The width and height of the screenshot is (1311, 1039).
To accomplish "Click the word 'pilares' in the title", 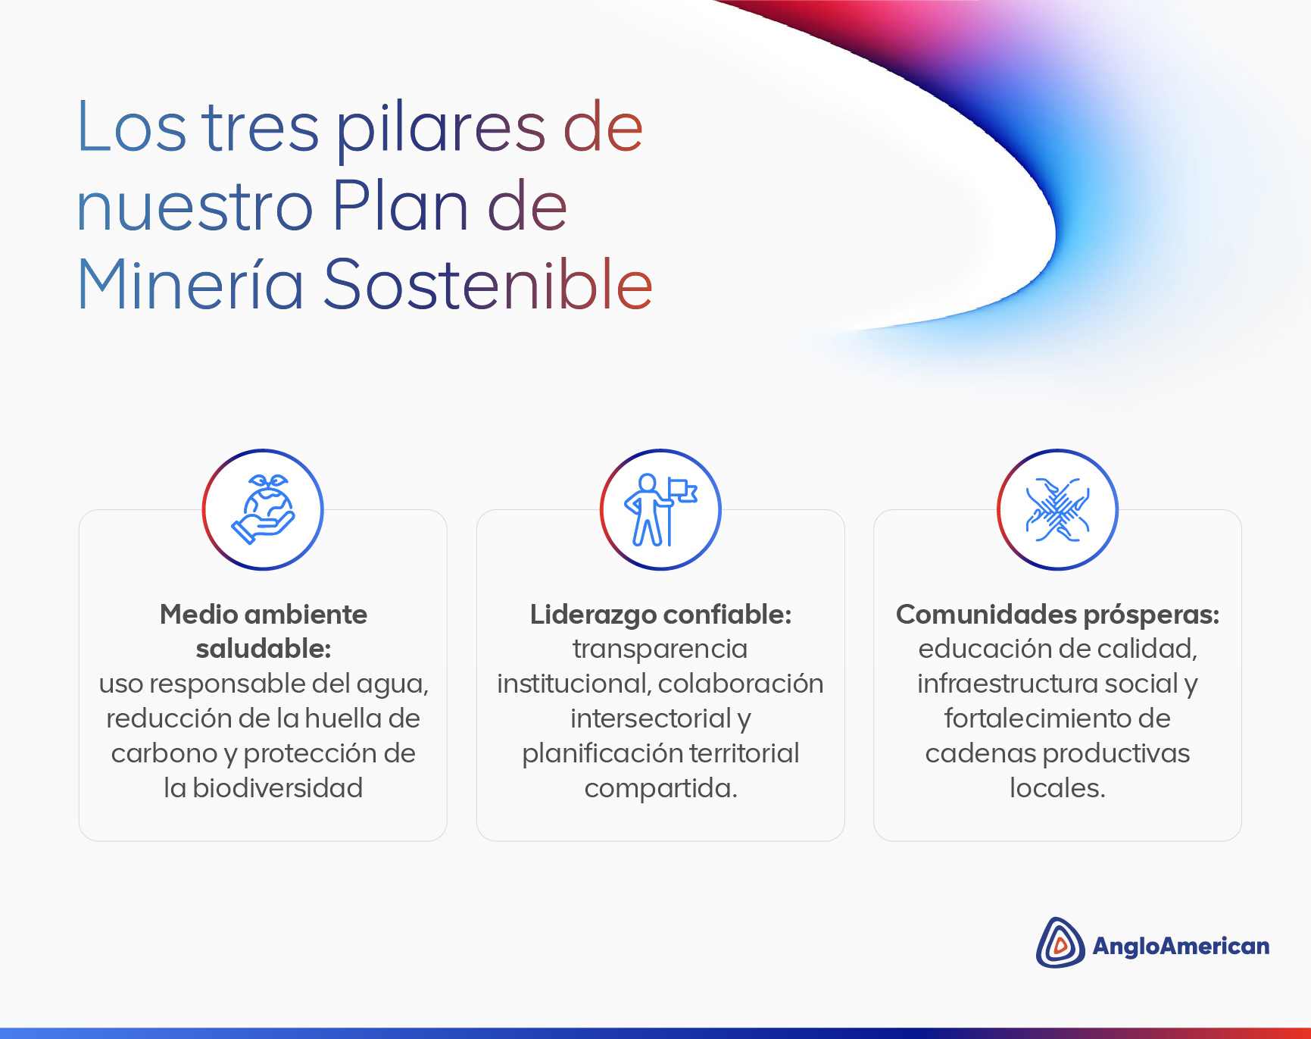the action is pos(441,130).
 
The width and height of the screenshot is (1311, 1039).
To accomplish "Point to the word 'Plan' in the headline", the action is pos(400,205).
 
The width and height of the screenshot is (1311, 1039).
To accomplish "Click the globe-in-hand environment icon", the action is pos(263,509).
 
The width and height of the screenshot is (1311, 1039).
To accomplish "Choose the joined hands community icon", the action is pos(1057,509).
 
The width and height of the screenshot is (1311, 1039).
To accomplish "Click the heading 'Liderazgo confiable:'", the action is pos(660,615).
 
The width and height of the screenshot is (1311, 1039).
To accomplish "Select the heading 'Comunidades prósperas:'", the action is pos(1057,615).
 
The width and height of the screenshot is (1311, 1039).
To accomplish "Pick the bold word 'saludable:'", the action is pos(263,649).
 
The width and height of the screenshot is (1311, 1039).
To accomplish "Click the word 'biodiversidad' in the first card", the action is pos(277,788).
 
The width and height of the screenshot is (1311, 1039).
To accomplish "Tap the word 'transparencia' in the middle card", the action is pos(660,649).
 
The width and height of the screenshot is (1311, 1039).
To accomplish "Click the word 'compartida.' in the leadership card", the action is pos(660,789).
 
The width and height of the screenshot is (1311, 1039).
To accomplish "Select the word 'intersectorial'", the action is pos(651,718).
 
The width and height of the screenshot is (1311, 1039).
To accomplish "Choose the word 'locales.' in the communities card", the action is pos(1057,788).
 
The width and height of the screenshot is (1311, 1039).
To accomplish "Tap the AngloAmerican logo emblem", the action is pos(1060,943).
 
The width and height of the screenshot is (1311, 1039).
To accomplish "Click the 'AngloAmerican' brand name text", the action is pos(1181,946).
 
